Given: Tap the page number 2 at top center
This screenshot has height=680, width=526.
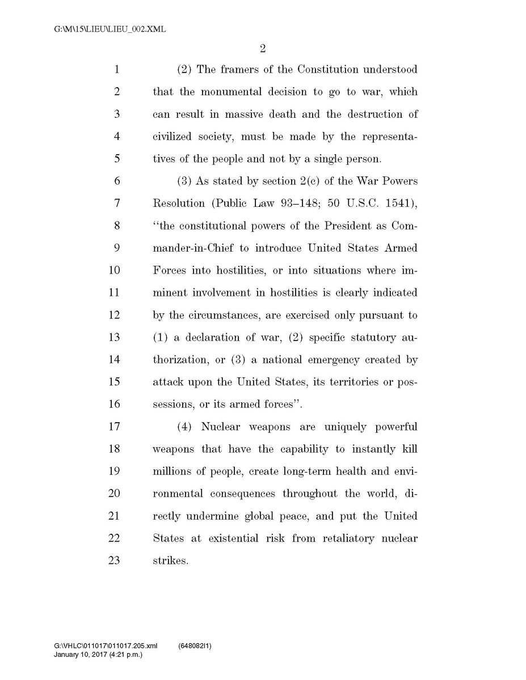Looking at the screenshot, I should (x=263, y=49).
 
